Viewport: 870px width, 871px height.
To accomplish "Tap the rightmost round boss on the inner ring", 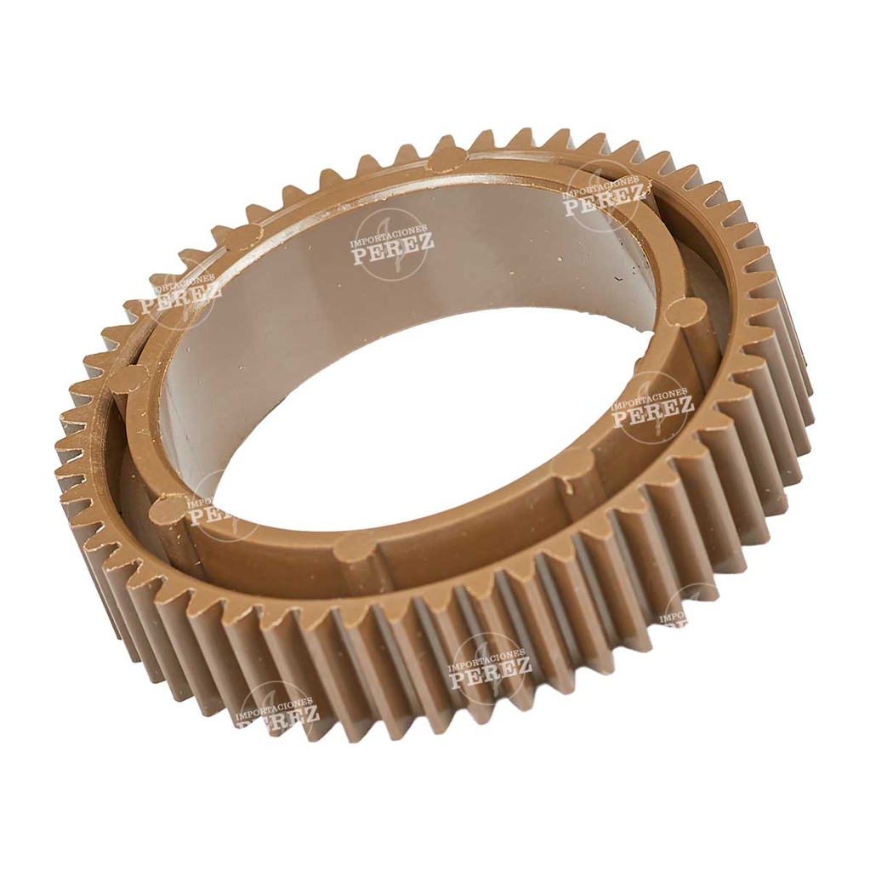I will [x=685, y=312].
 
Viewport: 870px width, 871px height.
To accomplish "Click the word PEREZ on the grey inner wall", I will [x=393, y=244].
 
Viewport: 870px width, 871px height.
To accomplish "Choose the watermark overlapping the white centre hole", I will [x=213, y=510].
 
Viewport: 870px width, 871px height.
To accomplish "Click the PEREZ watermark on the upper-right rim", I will [x=602, y=196].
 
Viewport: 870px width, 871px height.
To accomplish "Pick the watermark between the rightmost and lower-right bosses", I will [x=652, y=407].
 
